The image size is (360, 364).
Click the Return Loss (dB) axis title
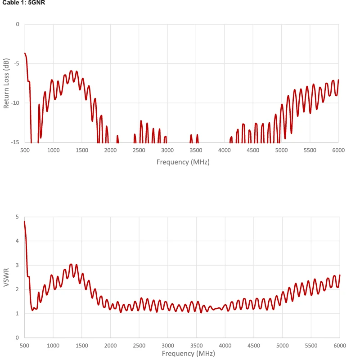6,83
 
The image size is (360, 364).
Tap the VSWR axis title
6,277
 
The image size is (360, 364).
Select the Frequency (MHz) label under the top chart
183,161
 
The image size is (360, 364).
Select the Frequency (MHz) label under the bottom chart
183,353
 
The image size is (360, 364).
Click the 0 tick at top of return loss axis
18,24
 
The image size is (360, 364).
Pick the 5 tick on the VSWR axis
18,217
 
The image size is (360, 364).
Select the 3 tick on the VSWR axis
18,265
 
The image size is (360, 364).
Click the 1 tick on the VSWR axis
18,313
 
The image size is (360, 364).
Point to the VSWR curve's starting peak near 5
25,222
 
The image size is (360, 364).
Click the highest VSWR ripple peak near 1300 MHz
71,264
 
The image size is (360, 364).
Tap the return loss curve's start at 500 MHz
25,53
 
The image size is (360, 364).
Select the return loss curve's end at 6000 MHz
338,80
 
